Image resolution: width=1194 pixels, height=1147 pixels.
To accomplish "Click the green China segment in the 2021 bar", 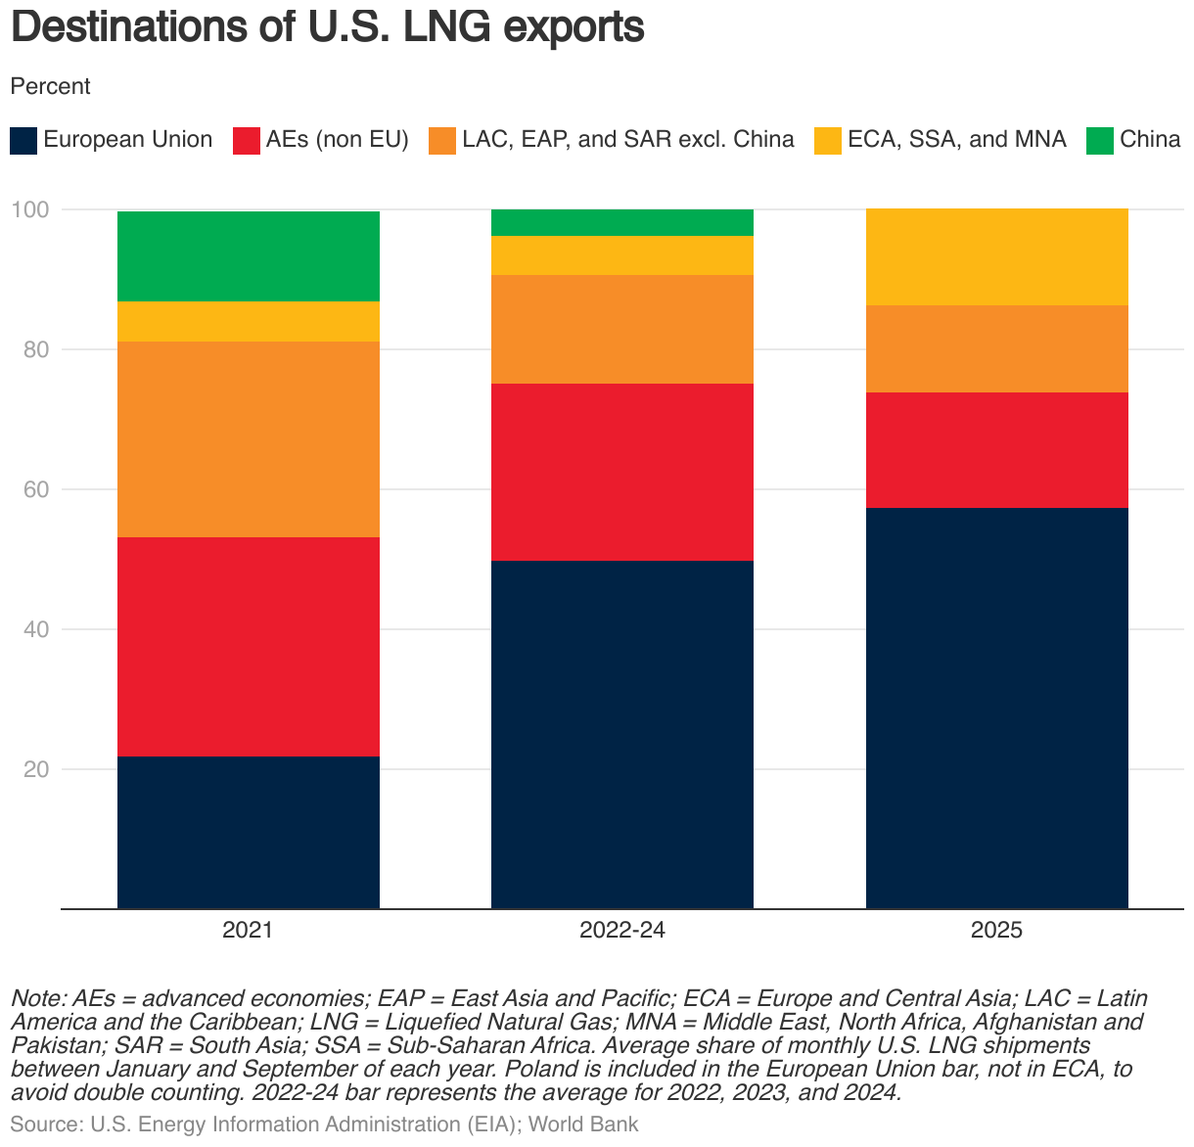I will (x=248, y=256).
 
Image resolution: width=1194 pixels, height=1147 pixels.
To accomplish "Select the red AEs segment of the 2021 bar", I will (x=248, y=647).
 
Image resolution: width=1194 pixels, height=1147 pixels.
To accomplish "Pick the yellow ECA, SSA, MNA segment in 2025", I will (x=996, y=257).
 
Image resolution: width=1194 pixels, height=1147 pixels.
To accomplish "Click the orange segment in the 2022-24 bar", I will (x=621, y=329).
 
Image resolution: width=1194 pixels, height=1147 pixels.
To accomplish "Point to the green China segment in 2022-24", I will (x=621, y=223).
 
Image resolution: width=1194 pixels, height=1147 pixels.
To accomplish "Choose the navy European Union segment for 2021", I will (x=248, y=832).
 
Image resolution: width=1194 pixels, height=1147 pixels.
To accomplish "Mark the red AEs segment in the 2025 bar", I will (x=996, y=450).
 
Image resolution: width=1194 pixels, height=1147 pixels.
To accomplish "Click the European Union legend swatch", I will (x=23, y=140).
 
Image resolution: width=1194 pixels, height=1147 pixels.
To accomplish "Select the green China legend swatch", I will (x=1101, y=140).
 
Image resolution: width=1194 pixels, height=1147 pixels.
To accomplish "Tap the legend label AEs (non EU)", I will (x=337, y=140).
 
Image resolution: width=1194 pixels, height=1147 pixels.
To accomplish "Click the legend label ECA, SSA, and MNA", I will (x=956, y=140).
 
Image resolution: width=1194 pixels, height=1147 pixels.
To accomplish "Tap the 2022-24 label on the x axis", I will (x=621, y=931).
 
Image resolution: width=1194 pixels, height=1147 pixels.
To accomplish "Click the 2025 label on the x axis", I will (x=996, y=931).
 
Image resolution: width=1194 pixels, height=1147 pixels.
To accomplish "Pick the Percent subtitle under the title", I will (x=50, y=86).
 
